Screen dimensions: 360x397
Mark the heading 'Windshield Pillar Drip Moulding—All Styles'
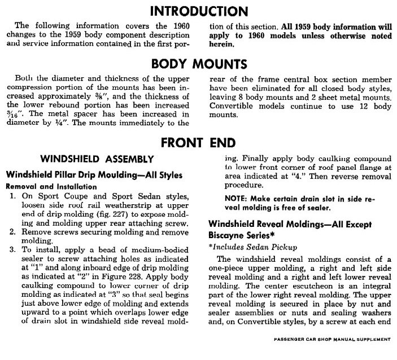pyautogui.click(x=94, y=174)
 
